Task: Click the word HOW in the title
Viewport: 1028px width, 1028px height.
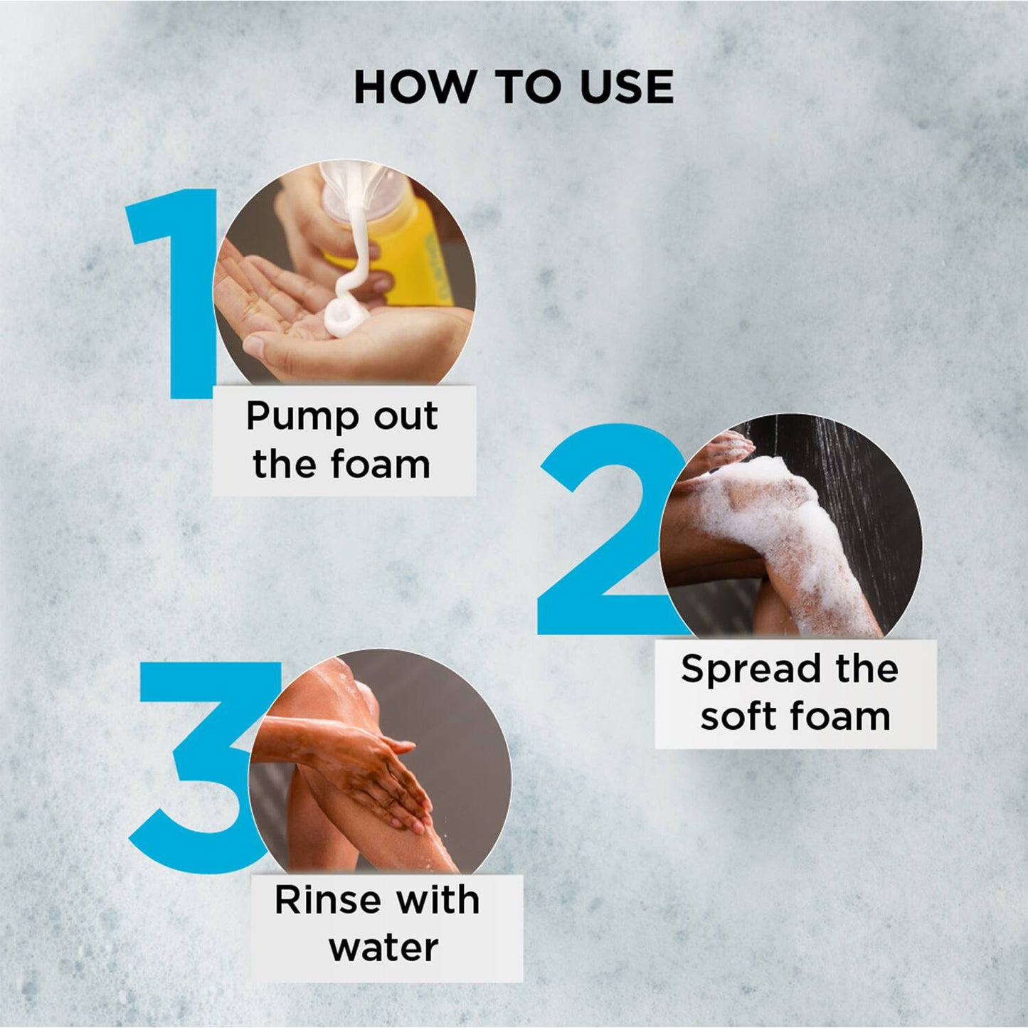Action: pyautogui.click(x=415, y=87)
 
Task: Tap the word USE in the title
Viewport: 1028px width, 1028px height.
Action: pyautogui.click(x=627, y=87)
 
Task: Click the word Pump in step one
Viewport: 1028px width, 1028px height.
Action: pyautogui.click(x=302, y=418)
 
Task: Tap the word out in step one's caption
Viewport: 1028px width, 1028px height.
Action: pyautogui.click(x=406, y=416)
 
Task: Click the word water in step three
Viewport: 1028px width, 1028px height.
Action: pyautogui.click(x=384, y=948)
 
